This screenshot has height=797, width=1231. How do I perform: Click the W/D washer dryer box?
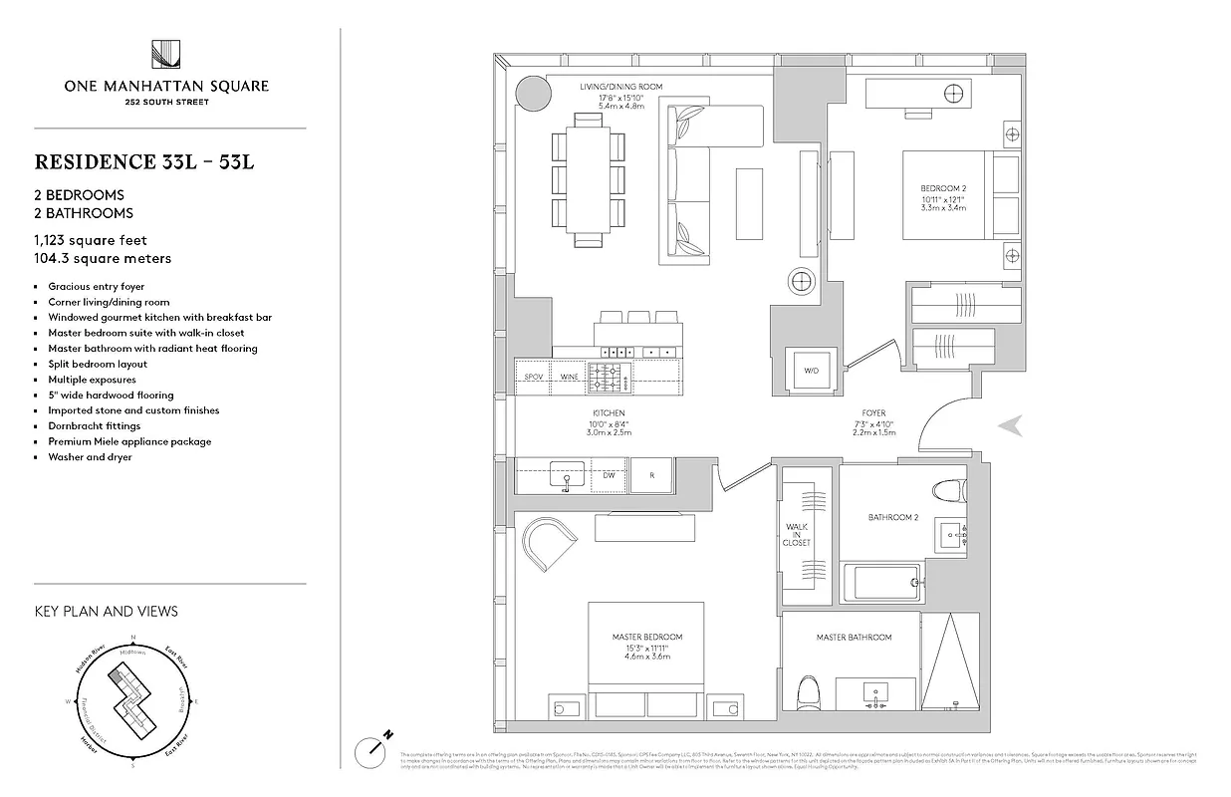pyautogui.click(x=811, y=371)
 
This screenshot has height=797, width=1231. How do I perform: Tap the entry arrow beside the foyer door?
pyautogui.click(x=1011, y=425)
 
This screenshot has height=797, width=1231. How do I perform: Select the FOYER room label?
pyautogui.click(x=873, y=413)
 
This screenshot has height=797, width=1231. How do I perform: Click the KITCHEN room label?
pyautogui.click(x=608, y=413)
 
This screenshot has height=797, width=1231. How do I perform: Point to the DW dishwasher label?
pyautogui.click(x=608, y=476)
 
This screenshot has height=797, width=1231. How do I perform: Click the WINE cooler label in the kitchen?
pyautogui.click(x=569, y=378)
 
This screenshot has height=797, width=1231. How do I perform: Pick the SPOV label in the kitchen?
pyautogui.click(x=533, y=378)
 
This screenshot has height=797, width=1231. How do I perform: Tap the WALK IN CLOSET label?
pyautogui.click(x=797, y=534)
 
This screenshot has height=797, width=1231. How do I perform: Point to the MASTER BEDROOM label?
pyautogui.click(x=647, y=637)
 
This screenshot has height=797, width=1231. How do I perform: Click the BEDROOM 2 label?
pyautogui.click(x=941, y=188)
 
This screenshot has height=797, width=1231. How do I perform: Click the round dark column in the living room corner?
pyautogui.click(x=530, y=96)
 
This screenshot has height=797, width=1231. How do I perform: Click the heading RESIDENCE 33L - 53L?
pyautogui.click(x=144, y=161)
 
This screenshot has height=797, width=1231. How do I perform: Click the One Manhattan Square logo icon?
pyautogui.click(x=165, y=55)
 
